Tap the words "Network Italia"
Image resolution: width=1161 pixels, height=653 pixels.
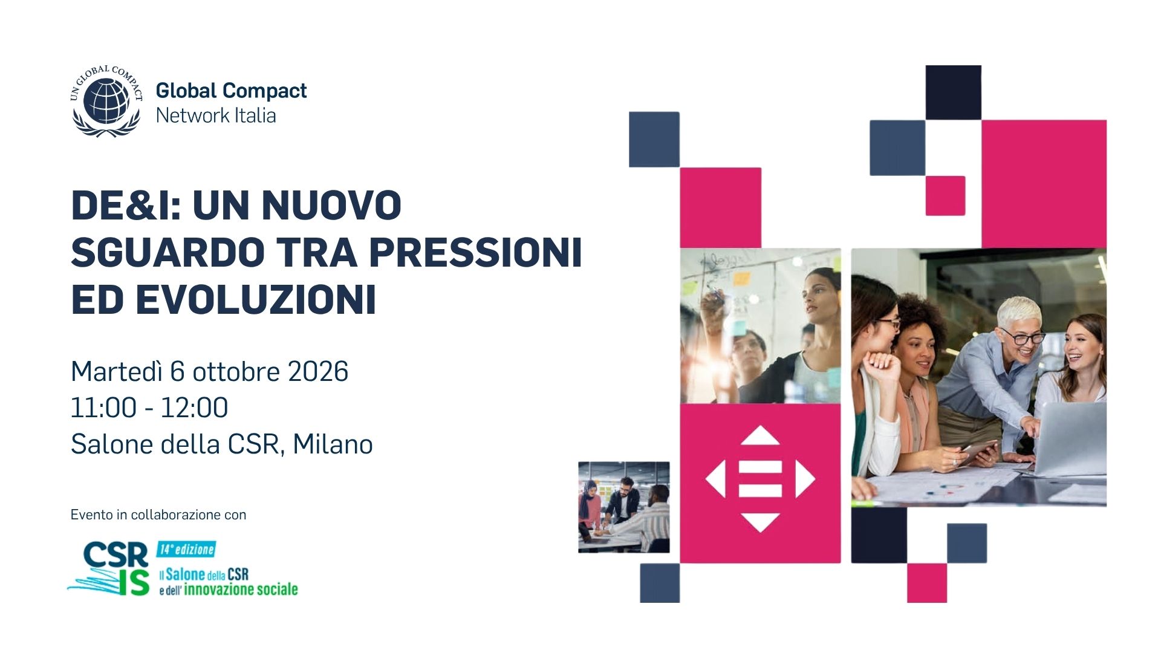coord(216,115)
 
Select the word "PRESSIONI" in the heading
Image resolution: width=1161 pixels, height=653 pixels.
coord(475,252)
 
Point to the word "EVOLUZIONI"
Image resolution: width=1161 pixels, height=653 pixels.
coord(256,299)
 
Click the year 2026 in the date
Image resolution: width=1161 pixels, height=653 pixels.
coord(318,371)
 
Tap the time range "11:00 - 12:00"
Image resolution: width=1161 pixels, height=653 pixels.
coord(149,408)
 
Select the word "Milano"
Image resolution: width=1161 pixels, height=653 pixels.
coord(333,444)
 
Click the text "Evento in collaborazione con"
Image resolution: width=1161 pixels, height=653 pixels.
coord(158,515)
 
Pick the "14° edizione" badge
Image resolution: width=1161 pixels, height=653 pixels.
coord(186,549)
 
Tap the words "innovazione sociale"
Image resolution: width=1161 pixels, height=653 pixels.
coord(241,589)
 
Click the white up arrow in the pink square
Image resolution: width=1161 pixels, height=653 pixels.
coord(760,436)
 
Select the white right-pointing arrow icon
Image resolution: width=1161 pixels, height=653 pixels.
coord(804,479)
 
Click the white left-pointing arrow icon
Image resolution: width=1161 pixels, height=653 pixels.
coord(716,479)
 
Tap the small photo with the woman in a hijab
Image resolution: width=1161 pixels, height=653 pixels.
coord(624,507)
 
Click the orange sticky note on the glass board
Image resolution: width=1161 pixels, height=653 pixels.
coord(741,279)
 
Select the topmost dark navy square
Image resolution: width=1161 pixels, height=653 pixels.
coord(954,93)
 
